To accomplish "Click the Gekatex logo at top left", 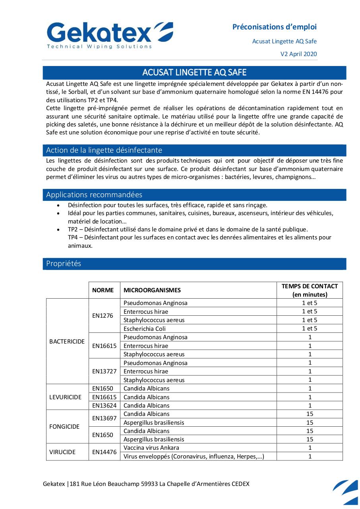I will pyautogui.click(x=110, y=35).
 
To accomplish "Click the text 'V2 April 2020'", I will pyautogui.click(x=299, y=54).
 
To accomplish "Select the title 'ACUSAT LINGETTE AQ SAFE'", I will pyautogui.click(x=194, y=72).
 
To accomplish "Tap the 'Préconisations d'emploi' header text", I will pyautogui.click(x=275, y=27).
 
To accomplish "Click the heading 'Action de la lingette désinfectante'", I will pyautogui.click(x=104, y=150).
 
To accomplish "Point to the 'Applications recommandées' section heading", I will pyautogui.click(x=94, y=195).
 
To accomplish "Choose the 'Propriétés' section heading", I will pyautogui.click(x=64, y=264).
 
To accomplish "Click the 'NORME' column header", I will pyautogui.click(x=103, y=290).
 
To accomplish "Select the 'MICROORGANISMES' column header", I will pyautogui.click(x=152, y=290).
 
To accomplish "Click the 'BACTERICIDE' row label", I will pyautogui.click(x=67, y=342).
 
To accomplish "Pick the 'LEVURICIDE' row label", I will pyautogui.click(x=66, y=397).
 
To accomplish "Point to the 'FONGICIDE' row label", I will pyautogui.click(x=64, y=427).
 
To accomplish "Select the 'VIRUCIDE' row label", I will pyautogui.click(x=62, y=452).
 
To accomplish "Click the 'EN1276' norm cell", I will pyautogui.click(x=103, y=316).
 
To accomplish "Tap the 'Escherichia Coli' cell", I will pyautogui.click(x=145, y=329).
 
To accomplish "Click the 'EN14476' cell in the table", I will pyautogui.click(x=105, y=452).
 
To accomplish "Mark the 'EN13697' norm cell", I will pyautogui.click(x=105, y=418).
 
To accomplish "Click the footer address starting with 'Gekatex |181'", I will pyautogui.click(x=146, y=484).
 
